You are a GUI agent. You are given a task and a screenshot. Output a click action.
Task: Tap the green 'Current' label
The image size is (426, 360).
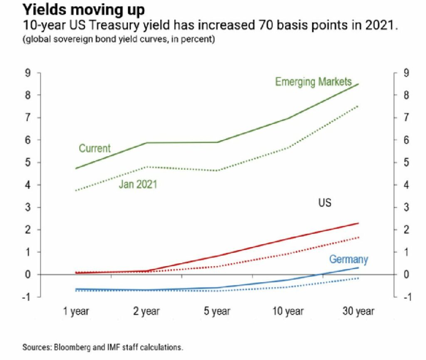click(x=95, y=148)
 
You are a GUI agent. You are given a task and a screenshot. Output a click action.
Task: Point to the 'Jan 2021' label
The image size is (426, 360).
click(x=138, y=184)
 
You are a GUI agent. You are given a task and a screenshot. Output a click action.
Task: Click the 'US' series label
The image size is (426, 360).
click(x=325, y=203)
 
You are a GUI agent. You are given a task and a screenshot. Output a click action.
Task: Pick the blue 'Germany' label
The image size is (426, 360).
click(x=348, y=259)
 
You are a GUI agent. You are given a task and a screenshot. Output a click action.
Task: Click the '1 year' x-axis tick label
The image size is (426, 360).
click(x=77, y=311)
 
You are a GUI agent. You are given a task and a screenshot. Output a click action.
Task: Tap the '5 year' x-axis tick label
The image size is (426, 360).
click(x=218, y=311)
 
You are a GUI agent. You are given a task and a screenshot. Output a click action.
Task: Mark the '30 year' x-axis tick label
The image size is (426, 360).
click(x=358, y=311)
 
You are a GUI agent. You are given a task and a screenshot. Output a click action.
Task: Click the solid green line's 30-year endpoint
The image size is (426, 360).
click(x=358, y=84)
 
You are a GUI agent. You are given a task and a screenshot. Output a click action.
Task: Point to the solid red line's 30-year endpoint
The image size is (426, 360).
click(x=358, y=223)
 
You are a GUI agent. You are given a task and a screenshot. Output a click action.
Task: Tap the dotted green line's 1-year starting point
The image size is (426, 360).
click(x=76, y=191)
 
